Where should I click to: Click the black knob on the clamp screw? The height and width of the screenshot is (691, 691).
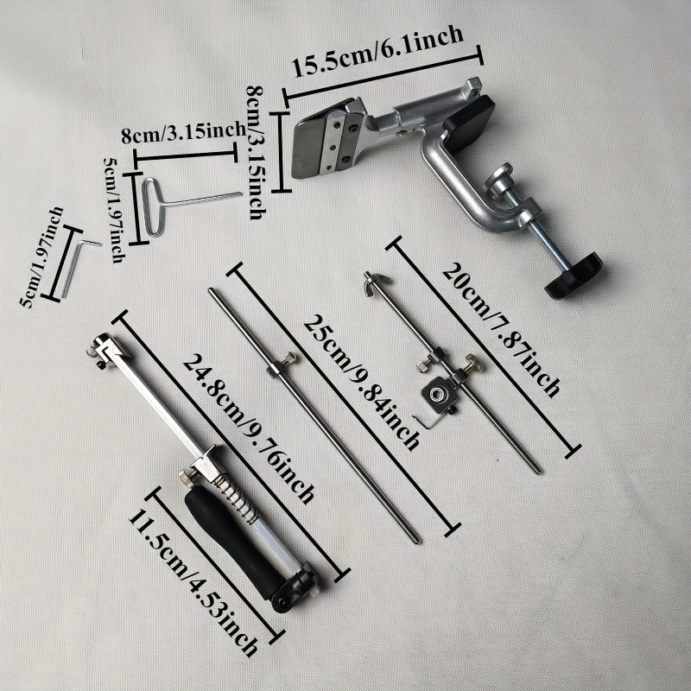(573, 274)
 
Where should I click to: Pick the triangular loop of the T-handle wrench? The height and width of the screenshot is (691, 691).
(152, 207)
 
